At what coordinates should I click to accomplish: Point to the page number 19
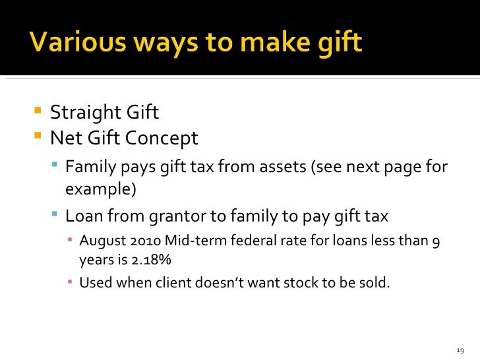(460, 349)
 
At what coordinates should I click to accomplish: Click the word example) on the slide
(100, 190)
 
